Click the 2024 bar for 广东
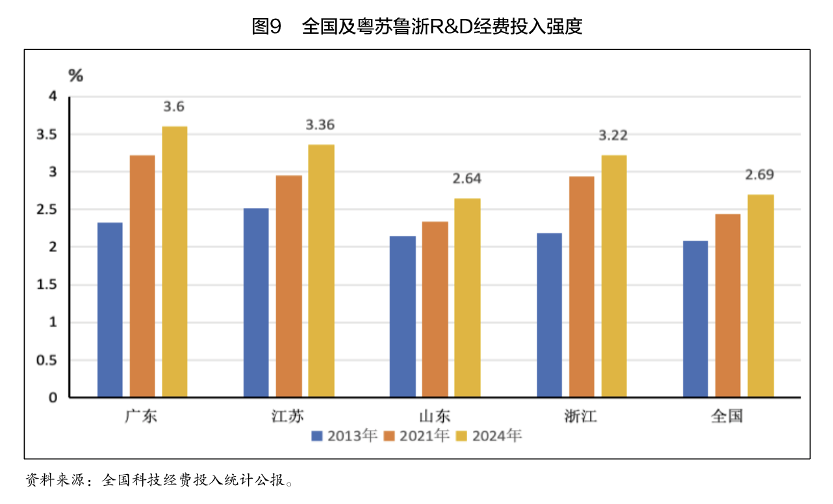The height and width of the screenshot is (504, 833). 175,262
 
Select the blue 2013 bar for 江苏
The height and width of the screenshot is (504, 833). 256,303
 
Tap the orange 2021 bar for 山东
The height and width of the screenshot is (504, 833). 435,309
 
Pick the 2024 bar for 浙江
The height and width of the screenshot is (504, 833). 614,276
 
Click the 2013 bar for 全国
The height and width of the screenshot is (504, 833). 695,319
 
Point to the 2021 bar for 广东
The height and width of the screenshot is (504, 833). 142,276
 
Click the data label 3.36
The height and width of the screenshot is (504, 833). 320,125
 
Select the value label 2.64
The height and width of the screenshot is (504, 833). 467,179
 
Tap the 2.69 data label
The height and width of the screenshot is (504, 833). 760,175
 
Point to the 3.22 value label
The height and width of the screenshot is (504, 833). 613,135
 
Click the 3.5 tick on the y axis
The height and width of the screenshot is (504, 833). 48,134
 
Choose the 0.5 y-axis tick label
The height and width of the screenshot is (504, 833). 48,360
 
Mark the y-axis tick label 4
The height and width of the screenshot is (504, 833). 54,97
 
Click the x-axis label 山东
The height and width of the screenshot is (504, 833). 435,416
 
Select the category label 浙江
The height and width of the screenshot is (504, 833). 581,416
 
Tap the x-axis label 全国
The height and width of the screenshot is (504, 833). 727,416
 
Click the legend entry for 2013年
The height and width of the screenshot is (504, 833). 344,436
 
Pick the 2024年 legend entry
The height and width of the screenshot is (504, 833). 489,436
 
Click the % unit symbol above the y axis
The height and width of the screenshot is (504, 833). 76,76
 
